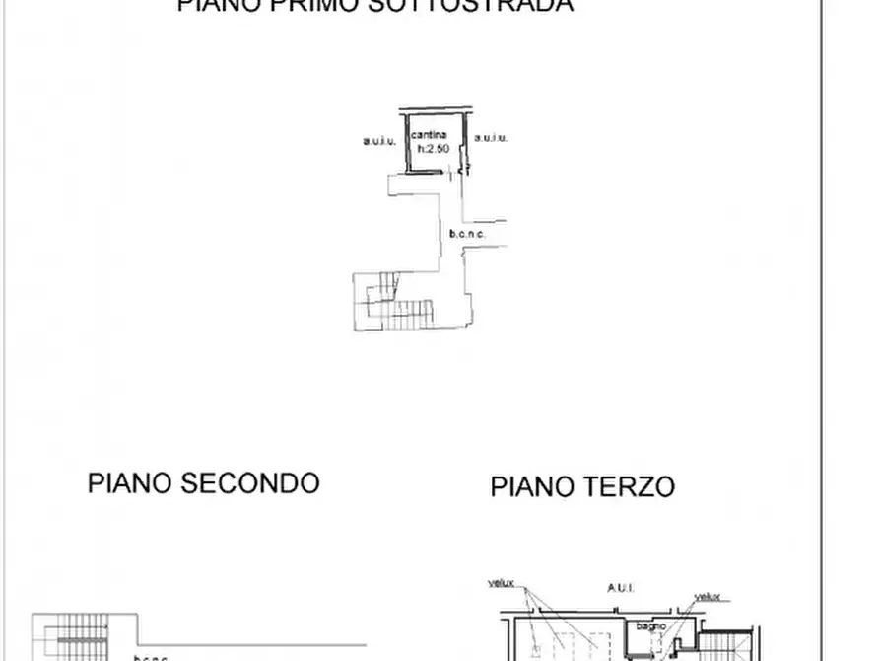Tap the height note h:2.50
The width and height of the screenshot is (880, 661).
coord(434,148)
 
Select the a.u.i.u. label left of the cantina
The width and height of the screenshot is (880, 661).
coord(379,141)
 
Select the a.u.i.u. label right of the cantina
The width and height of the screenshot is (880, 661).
coord(491,139)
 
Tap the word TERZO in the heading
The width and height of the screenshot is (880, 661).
coord(628,486)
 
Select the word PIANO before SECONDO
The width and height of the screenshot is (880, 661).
coord(128,483)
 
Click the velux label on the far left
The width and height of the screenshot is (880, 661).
coord(502,582)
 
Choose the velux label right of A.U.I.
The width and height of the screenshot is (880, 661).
coord(707,596)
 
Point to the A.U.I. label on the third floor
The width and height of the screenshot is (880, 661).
coord(621,587)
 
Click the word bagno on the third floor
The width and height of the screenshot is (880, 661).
coord(650,625)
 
